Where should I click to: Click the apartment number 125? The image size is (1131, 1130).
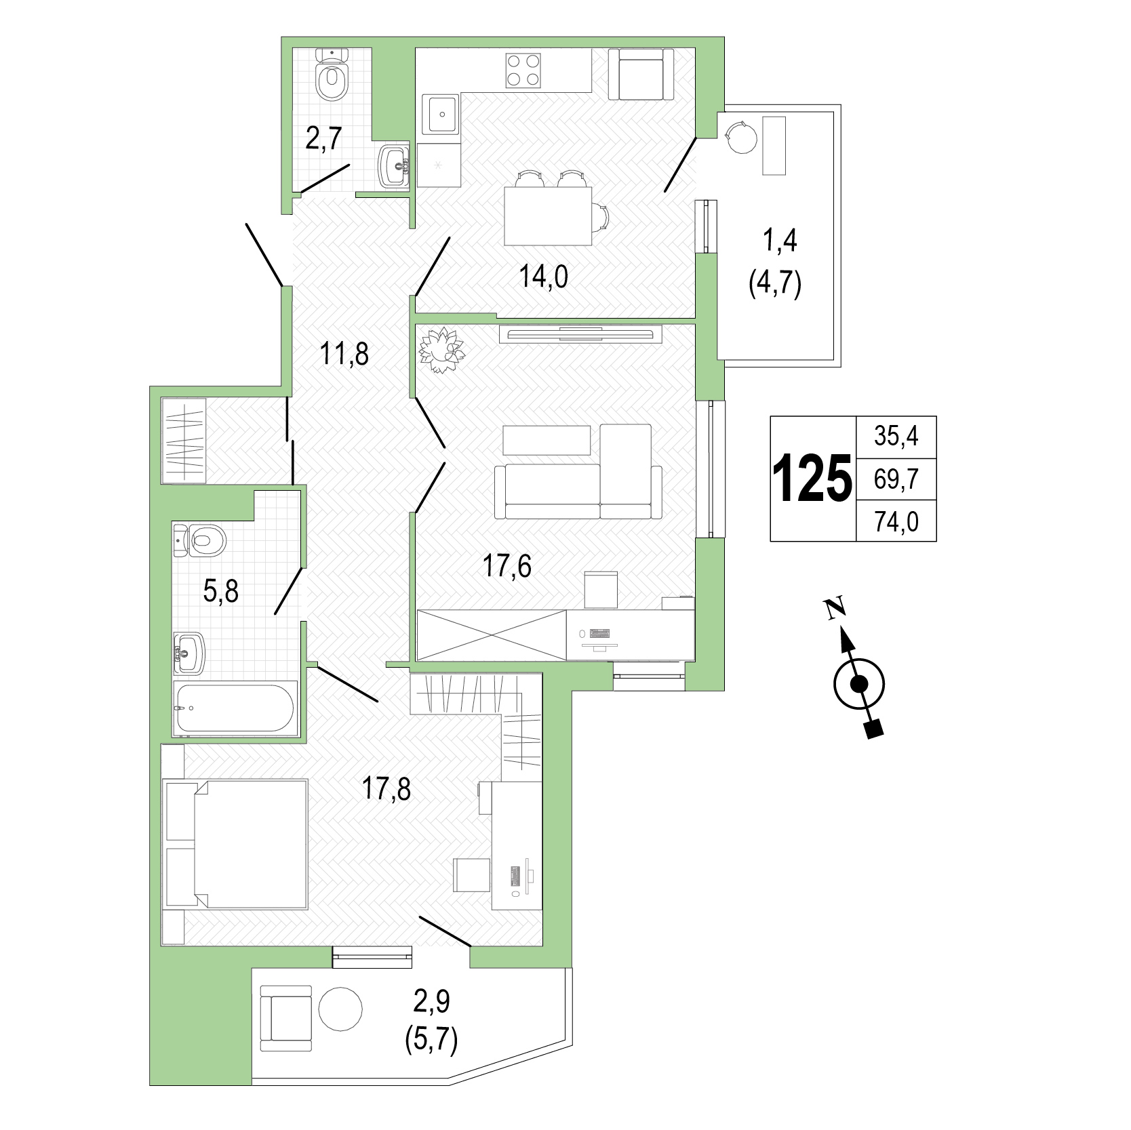pos(812,478)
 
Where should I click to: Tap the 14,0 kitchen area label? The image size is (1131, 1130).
pos(544,277)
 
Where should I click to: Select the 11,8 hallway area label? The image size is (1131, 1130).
pos(344,354)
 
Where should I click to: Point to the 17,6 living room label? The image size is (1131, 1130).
pos(507,565)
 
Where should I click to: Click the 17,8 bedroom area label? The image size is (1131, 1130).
pos(386,789)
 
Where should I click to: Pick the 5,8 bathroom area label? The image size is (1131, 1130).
pos(221,591)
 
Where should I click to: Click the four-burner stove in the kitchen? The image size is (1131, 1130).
pos(523,70)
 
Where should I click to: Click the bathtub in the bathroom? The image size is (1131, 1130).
pos(235,708)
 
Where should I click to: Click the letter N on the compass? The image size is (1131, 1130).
pos(835,607)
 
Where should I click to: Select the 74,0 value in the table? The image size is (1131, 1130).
pos(896,522)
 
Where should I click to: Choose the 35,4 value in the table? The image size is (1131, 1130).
pos(896,436)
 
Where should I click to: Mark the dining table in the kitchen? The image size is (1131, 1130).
pos(548,216)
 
